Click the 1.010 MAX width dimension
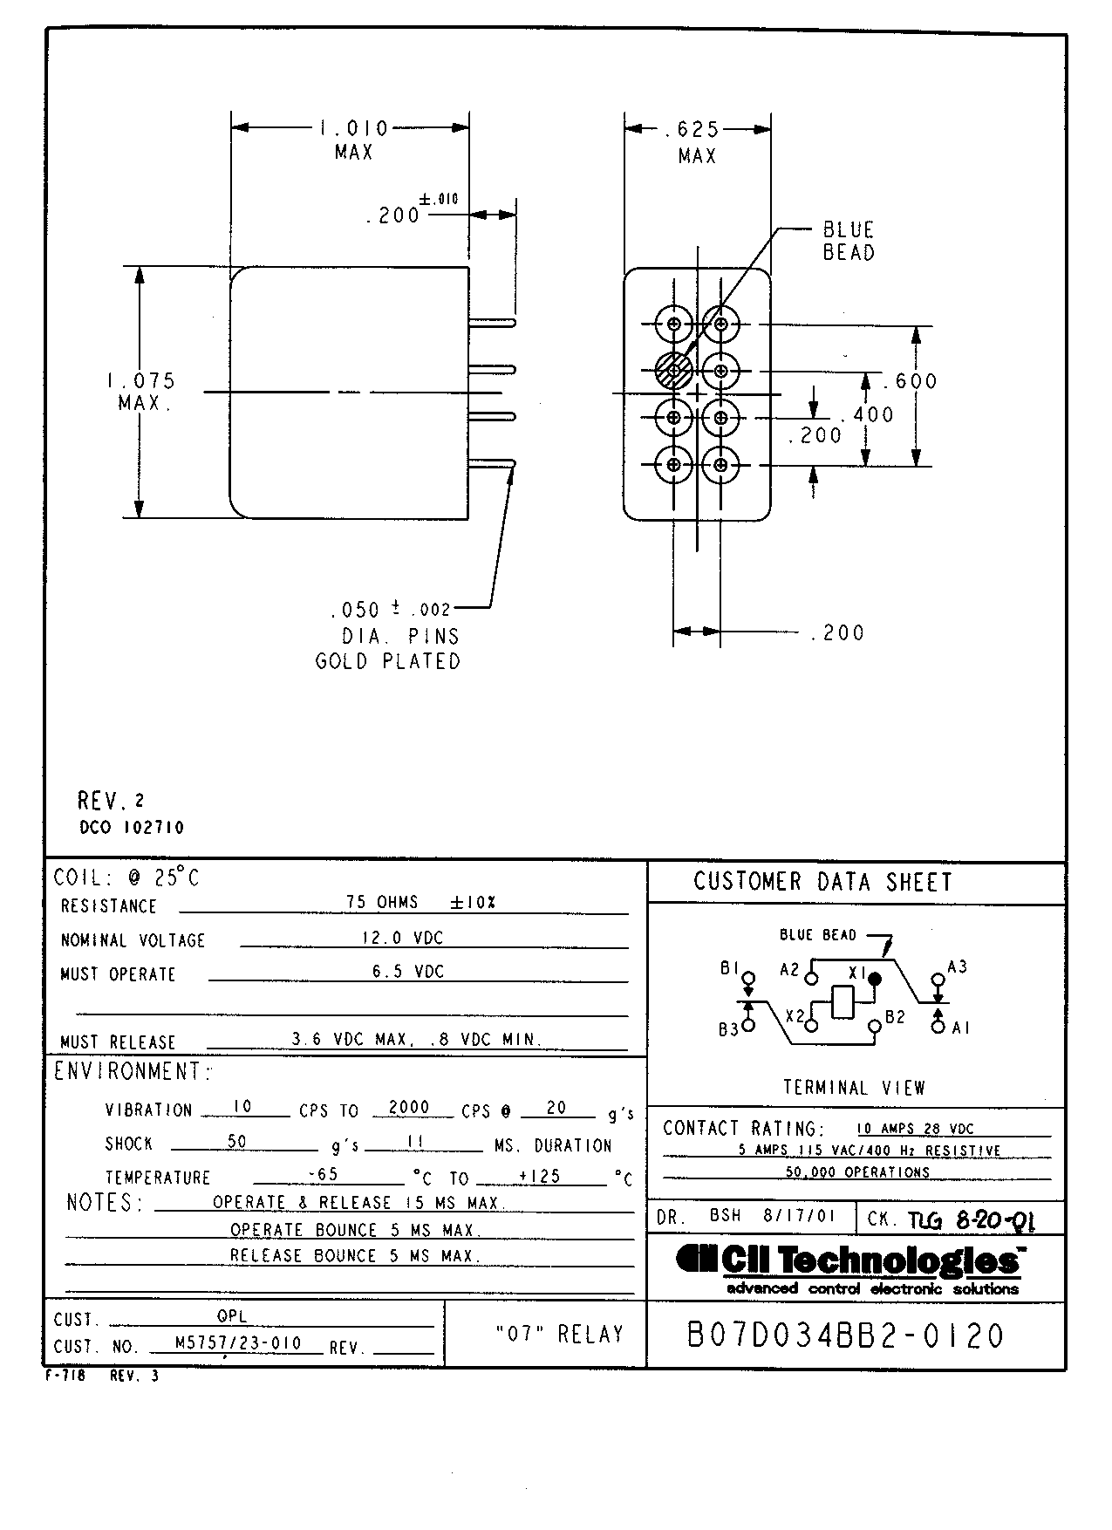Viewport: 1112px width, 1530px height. click(x=353, y=140)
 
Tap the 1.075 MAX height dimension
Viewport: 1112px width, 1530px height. click(x=142, y=392)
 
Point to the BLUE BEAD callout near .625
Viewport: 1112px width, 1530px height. click(x=848, y=241)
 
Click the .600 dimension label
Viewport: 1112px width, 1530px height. click(x=911, y=380)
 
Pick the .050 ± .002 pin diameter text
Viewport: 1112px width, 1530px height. click(x=391, y=609)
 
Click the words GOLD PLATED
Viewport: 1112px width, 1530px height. click(x=387, y=661)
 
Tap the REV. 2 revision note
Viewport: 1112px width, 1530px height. click(x=111, y=800)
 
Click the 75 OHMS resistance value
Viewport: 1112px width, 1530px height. click(x=382, y=902)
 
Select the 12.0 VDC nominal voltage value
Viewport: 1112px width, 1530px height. click(x=403, y=938)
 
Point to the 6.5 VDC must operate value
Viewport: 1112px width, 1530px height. click(x=408, y=971)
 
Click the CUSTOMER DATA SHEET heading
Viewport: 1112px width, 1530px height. click(x=822, y=882)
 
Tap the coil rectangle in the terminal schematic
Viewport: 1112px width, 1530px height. click(x=843, y=1001)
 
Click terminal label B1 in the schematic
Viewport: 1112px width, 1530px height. click(x=729, y=968)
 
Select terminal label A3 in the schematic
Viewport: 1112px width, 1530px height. click(x=957, y=966)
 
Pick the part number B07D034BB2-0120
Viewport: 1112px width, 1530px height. click(x=845, y=1336)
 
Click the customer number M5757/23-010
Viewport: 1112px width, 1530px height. click(x=238, y=1343)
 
